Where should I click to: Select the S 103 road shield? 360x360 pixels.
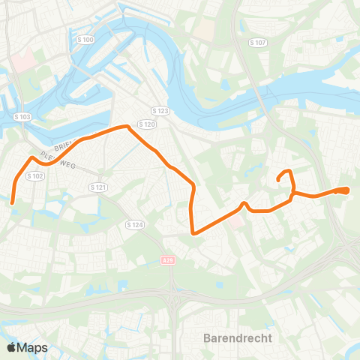pos(22,117)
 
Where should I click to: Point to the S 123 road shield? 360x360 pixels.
pos(157,109)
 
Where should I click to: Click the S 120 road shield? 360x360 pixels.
pos(147,124)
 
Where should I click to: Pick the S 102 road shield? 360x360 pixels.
pos(35,175)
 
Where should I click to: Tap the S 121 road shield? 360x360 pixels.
pos(97,186)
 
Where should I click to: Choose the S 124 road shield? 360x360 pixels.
pos(135,224)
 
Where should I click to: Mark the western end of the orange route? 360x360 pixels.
pos(13,201)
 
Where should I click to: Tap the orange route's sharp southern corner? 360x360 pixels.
pos(194,232)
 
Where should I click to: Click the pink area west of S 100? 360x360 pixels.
pos(22,61)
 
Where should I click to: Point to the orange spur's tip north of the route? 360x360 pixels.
pos(278,180)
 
